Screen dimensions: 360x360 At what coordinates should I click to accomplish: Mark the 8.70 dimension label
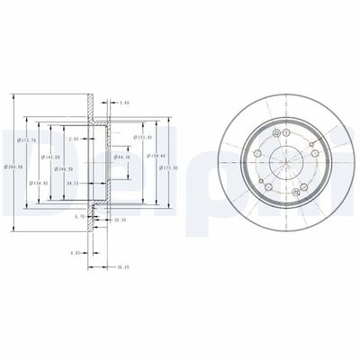pos(80,217)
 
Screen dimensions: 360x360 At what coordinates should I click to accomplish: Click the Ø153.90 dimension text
pos(141,137)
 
